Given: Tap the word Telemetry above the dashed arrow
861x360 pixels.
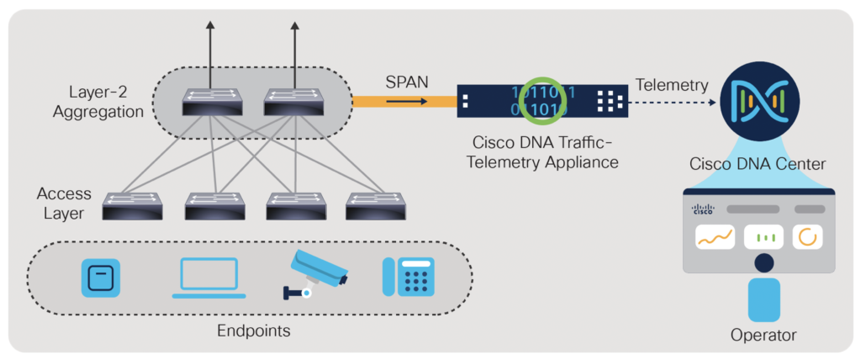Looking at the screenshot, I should pos(672,84).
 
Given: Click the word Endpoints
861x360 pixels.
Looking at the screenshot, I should pos(253,331).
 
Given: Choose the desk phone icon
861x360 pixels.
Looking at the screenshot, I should pos(409,276).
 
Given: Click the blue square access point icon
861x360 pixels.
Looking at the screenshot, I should pos(100,277).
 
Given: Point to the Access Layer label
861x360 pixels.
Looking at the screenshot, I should pos(64,203).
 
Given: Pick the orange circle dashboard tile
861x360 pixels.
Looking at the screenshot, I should pos(808,237).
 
